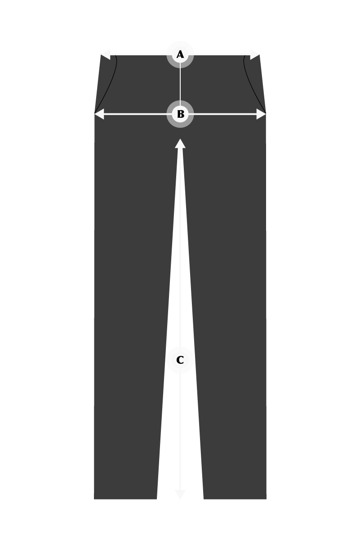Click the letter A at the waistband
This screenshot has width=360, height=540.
(x=180, y=55)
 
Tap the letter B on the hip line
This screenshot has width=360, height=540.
(x=180, y=114)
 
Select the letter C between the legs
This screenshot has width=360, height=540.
(x=180, y=360)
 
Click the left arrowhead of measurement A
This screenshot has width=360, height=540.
(x=105, y=54)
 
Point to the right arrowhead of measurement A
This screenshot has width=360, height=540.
(x=255, y=54)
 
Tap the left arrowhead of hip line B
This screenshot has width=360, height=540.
(x=99, y=114)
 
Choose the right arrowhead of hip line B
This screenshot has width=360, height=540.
(x=261, y=114)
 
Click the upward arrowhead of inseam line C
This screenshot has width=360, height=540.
(x=180, y=143)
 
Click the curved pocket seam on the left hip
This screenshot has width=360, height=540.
(x=111, y=85)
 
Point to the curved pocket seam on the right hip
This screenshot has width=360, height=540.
(x=251, y=85)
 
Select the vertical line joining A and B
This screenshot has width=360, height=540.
(x=180, y=85)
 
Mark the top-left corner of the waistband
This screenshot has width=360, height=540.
(x=101, y=55)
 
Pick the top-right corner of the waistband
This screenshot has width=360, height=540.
(x=259, y=55)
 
